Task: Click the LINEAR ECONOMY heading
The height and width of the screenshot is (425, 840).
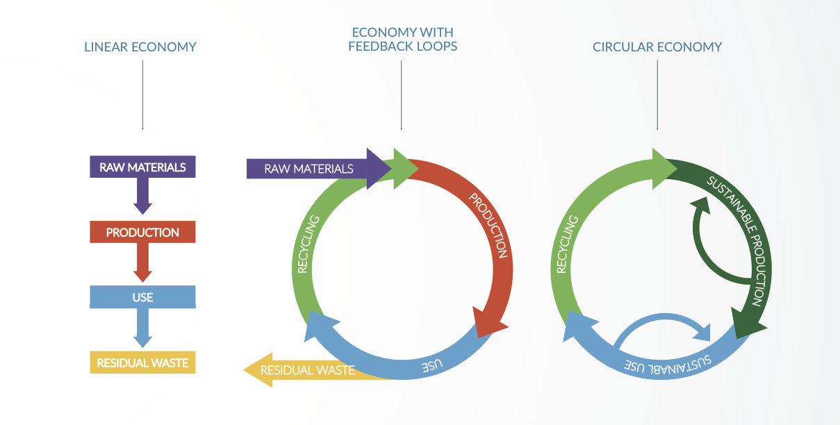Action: tap(140, 47)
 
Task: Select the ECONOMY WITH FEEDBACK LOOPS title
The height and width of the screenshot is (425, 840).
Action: tap(402, 39)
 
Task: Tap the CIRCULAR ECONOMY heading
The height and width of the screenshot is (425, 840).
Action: tap(657, 47)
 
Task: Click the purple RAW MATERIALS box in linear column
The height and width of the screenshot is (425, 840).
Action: tap(142, 167)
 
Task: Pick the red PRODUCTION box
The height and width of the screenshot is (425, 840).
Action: tap(142, 232)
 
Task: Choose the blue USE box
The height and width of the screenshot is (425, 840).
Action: tap(142, 297)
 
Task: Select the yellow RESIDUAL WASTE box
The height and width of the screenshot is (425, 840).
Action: tap(142, 362)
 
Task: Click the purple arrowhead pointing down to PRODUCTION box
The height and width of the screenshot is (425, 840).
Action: tap(142, 209)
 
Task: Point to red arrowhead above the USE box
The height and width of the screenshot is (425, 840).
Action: tap(142, 276)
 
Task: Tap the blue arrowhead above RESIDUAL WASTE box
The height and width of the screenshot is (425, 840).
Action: tap(142, 342)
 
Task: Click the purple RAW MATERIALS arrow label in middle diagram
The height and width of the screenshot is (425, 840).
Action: tap(308, 169)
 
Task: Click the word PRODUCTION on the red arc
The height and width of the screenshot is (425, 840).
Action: tap(488, 226)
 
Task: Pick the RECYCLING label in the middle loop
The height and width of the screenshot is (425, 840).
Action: tap(308, 244)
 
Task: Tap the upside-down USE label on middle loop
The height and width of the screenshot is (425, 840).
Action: tap(432, 365)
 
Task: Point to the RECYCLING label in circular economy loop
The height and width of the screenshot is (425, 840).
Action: tap(568, 244)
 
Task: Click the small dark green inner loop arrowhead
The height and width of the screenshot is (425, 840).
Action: tap(700, 205)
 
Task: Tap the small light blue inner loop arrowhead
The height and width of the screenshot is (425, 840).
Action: tap(702, 333)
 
